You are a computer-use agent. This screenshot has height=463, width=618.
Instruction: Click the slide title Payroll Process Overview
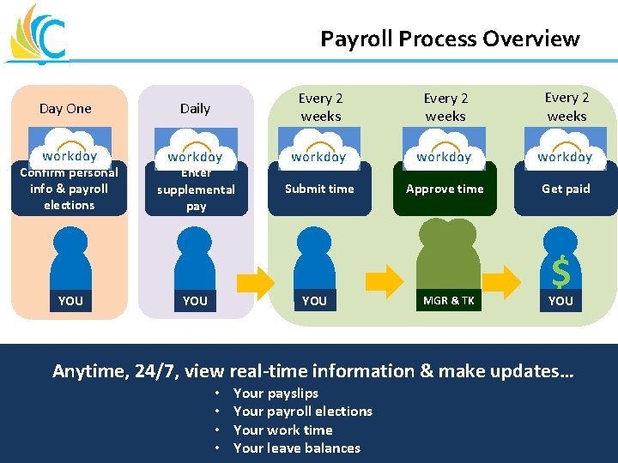(450, 39)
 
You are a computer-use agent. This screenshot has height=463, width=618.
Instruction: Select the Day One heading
(65, 108)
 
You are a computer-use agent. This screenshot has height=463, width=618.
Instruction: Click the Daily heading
(195, 108)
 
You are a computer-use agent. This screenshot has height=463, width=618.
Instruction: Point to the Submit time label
(319, 189)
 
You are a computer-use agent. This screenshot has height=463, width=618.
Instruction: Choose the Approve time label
(445, 189)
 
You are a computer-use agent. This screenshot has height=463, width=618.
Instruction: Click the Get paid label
(566, 189)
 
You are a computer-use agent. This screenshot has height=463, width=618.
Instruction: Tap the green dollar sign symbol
(560, 273)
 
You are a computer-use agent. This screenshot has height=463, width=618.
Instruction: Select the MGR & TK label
(449, 300)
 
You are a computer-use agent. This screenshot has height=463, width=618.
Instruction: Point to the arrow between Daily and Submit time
(255, 280)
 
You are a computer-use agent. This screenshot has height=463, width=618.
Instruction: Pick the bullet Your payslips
(276, 393)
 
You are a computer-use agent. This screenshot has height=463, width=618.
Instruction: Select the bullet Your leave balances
(297, 448)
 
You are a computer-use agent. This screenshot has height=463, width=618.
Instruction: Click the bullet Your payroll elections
(303, 411)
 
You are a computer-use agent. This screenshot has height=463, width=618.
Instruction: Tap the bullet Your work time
(283, 430)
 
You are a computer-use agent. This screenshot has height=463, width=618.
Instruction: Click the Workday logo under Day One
(70, 147)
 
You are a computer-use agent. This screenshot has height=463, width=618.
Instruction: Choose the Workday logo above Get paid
(565, 147)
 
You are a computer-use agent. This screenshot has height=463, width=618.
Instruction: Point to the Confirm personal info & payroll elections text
(70, 189)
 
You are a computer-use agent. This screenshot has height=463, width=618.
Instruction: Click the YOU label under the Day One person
(70, 300)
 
